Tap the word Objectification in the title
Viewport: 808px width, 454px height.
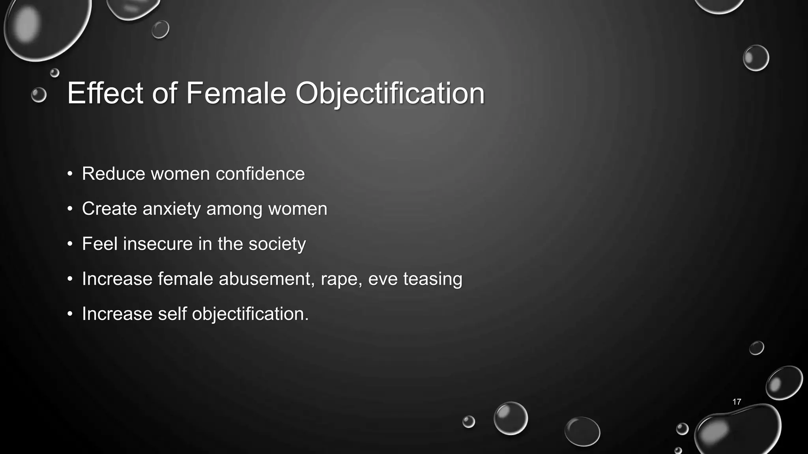tap(390, 94)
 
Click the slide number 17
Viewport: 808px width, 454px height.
tap(737, 402)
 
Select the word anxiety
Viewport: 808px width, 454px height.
tap(172, 209)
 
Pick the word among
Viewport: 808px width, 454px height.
tap(234, 209)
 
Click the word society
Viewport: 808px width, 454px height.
tap(277, 244)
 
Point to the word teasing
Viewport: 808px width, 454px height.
tap(432, 279)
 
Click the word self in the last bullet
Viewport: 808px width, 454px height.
tap(172, 314)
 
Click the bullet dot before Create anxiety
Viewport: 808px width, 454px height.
tap(70, 209)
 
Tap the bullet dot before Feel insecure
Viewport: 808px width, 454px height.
tap(70, 244)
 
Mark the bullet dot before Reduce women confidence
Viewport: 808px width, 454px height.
tap(70, 174)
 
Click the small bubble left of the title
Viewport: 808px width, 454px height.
tap(39, 95)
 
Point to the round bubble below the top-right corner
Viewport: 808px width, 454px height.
tap(756, 58)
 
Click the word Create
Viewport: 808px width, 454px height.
tap(109, 209)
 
